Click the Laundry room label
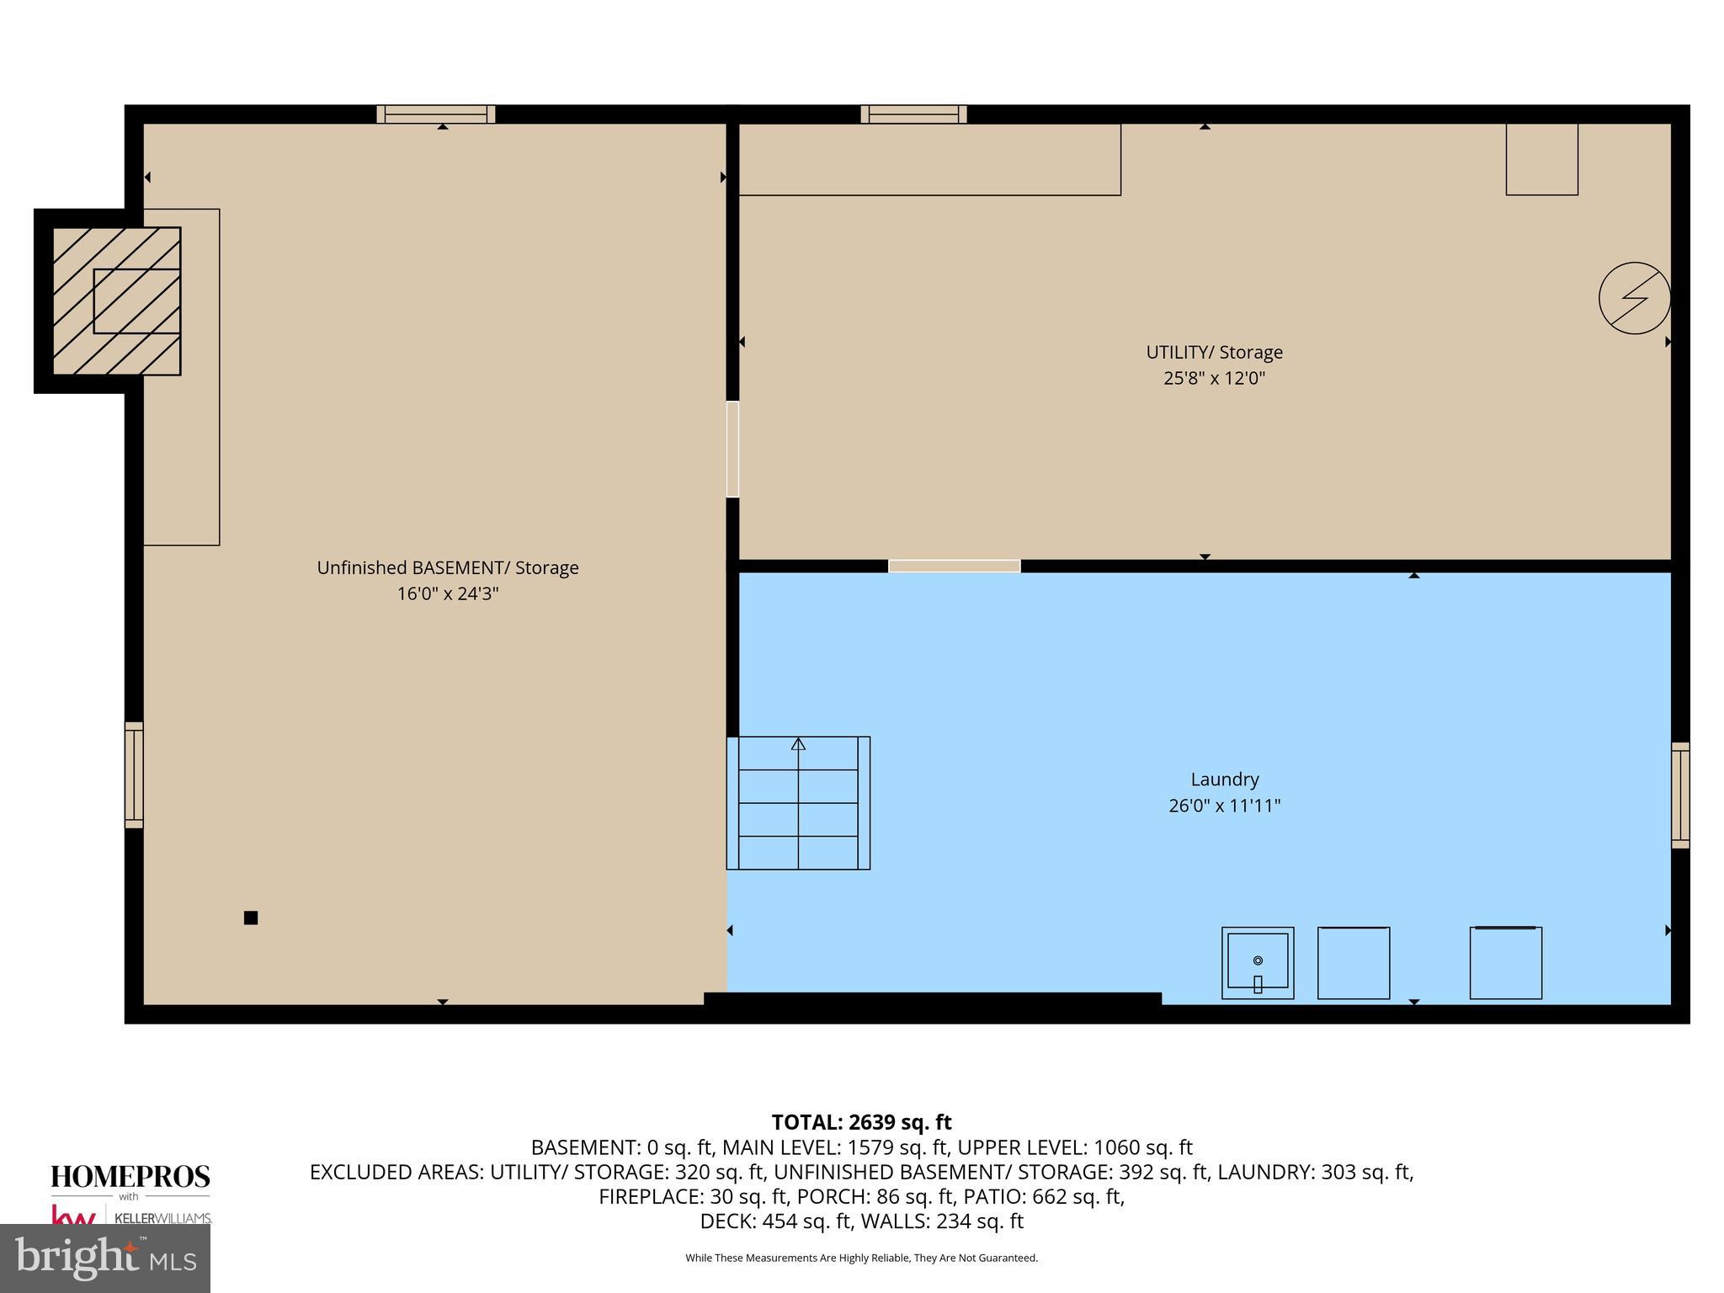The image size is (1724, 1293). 1224,780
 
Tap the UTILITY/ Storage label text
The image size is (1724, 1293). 1214,352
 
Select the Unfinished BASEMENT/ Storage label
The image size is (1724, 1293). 447,567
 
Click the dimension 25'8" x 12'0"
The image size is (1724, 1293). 1214,378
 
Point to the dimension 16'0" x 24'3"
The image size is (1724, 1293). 447,593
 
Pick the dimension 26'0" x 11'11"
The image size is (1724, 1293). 1224,806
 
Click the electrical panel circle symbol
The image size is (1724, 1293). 1634,298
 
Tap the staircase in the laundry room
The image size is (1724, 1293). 798,802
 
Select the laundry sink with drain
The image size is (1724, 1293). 1258,963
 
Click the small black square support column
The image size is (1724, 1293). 251,918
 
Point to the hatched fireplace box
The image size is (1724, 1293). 116,301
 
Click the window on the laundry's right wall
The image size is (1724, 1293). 1679,795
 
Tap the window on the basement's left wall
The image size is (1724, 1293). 134,774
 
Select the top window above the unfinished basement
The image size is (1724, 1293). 435,114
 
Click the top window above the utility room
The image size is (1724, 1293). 913,114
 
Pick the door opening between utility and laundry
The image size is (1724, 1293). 954,566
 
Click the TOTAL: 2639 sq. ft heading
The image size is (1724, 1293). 861,1122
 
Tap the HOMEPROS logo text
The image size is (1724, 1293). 130,1177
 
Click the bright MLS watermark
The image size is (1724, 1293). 105,1258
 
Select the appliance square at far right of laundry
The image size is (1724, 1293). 1505,963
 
